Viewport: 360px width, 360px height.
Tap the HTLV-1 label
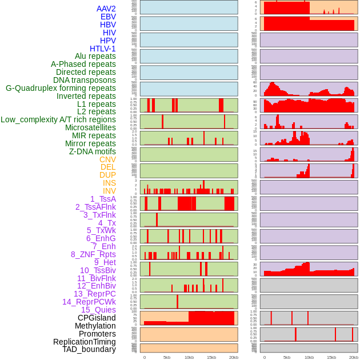click(x=102, y=49)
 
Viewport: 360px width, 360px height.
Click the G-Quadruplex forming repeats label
click(x=61, y=88)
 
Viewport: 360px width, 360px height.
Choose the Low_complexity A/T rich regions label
click(x=58, y=119)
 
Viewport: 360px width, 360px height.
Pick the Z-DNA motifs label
click(x=93, y=151)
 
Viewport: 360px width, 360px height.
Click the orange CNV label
click(x=107, y=159)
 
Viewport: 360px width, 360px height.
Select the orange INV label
click(x=109, y=191)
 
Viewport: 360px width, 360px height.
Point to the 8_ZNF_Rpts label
click(x=93, y=254)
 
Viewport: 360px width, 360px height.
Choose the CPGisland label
click(x=97, y=318)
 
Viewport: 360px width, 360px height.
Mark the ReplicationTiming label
click(x=85, y=342)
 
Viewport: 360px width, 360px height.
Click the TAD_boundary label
click(x=89, y=349)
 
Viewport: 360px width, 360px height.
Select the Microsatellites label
click(x=90, y=127)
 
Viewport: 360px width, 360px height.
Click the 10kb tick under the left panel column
click(x=189, y=357)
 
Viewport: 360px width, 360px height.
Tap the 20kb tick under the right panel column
click(x=354, y=357)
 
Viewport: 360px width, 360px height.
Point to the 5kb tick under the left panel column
click(x=167, y=357)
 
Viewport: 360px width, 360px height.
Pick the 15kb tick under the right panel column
click(x=331, y=357)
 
